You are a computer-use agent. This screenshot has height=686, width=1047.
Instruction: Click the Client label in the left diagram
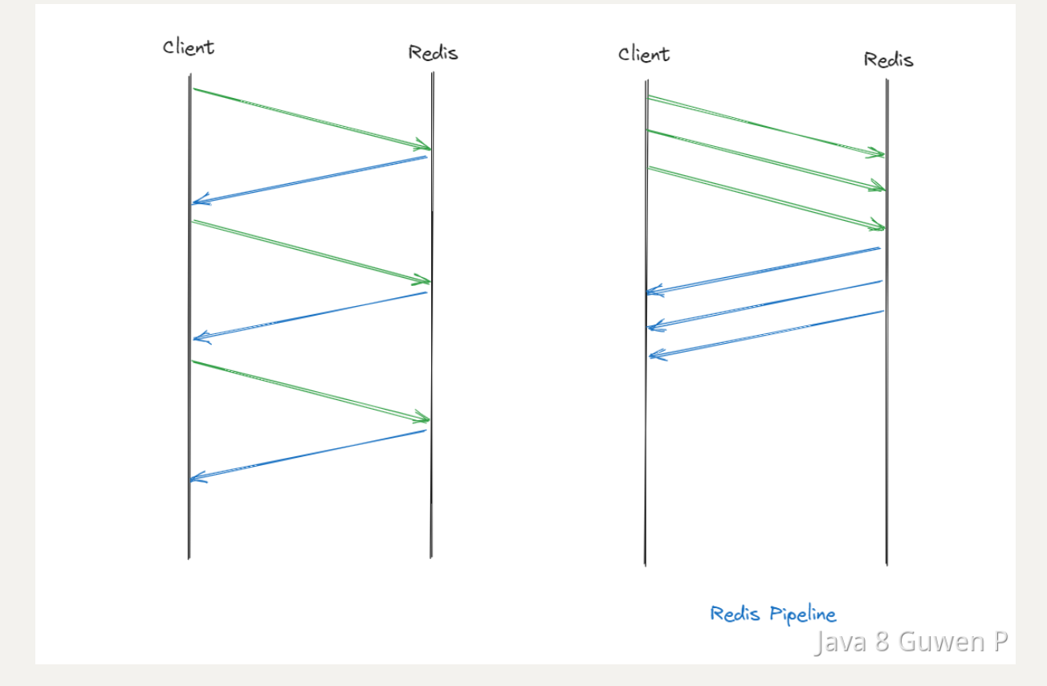pyautogui.click(x=189, y=47)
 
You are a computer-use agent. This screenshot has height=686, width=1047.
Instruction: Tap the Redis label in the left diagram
pyautogui.click(x=433, y=53)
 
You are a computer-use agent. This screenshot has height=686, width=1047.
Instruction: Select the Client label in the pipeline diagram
pyautogui.click(x=644, y=54)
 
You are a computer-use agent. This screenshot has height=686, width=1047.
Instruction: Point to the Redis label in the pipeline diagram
pyautogui.click(x=888, y=59)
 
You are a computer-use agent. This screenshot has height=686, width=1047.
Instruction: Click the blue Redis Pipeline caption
pyautogui.click(x=772, y=615)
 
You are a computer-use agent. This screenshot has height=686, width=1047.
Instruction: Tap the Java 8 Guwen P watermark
pyautogui.click(x=911, y=643)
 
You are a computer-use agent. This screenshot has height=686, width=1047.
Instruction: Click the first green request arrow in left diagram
pyautogui.click(x=312, y=119)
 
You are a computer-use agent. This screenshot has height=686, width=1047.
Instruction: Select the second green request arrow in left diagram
pyautogui.click(x=312, y=251)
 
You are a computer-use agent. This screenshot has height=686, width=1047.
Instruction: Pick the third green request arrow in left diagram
pyautogui.click(x=312, y=391)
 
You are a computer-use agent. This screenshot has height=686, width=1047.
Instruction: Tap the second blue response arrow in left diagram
pyautogui.click(x=310, y=315)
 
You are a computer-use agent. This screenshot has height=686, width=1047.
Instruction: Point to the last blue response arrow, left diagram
pyautogui.click(x=308, y=455)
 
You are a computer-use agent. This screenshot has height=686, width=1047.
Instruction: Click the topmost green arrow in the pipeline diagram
pyautogui.click(x=766, y=125)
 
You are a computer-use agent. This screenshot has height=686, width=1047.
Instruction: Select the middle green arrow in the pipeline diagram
pyautogui.click(x=766, y=160)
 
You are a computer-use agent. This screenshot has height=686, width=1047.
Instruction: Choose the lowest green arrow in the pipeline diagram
pyautogui.click(x=766, y=198)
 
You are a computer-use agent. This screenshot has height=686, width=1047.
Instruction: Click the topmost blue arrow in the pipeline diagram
pyautogui.click(x=764, y=270)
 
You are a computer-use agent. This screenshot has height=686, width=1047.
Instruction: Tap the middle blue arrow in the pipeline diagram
pyautogui.click(x=764, y=304)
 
